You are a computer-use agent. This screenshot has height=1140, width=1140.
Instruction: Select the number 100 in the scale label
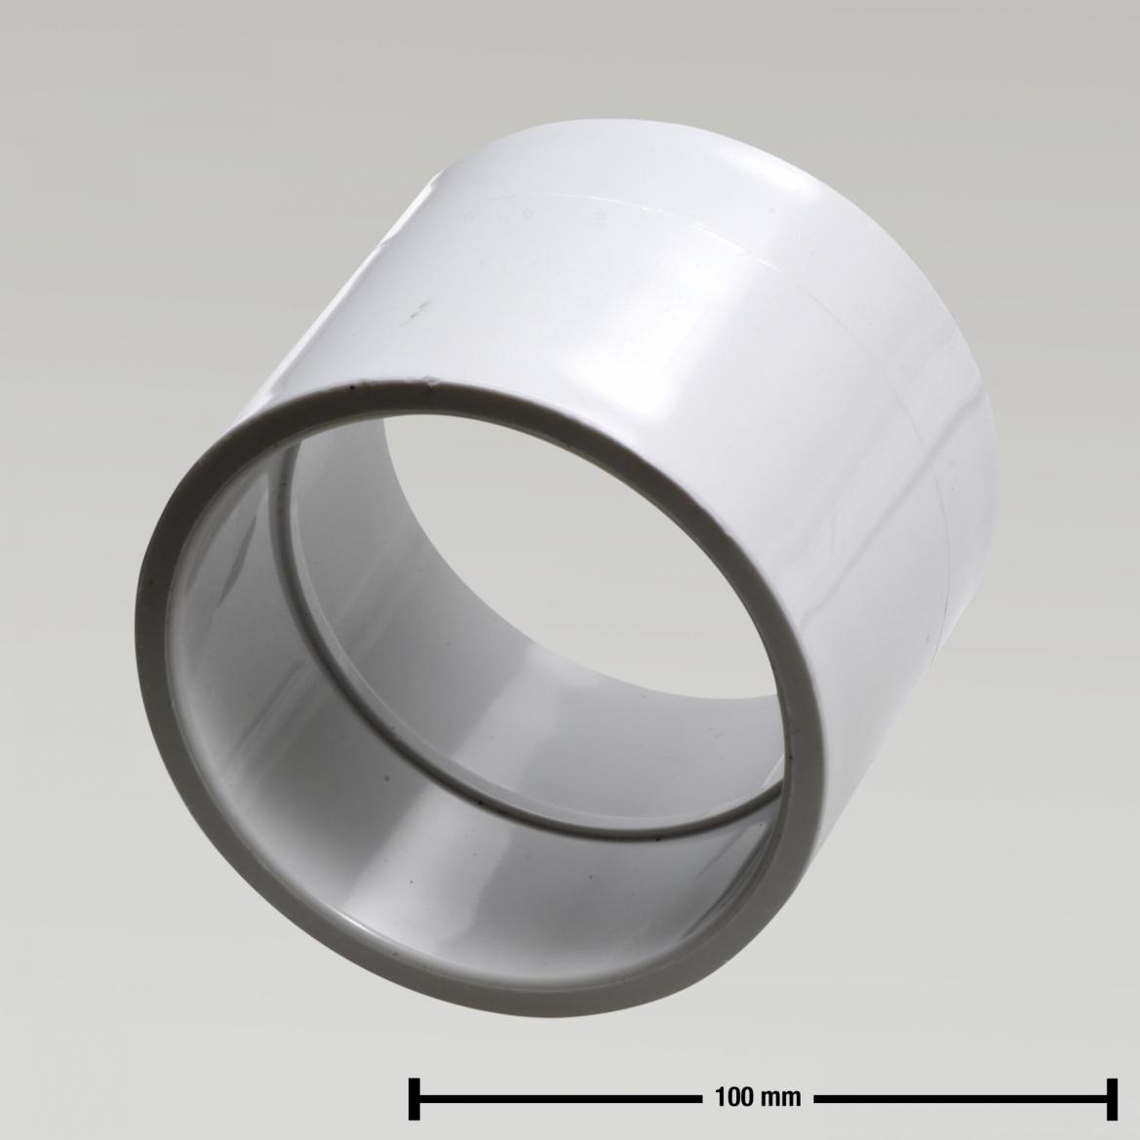point(732,1097)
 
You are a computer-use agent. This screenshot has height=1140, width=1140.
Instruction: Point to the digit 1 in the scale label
point(720,1097)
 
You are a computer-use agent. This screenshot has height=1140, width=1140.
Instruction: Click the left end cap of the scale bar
point(413,1097)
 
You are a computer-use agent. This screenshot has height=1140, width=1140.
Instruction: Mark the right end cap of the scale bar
point(1110,1097)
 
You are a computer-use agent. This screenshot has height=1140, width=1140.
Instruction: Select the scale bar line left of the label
point(556,1097)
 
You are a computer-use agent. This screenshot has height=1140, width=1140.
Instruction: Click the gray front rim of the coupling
point(156,683)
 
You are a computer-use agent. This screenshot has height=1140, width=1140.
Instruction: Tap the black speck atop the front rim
point(346,393)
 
